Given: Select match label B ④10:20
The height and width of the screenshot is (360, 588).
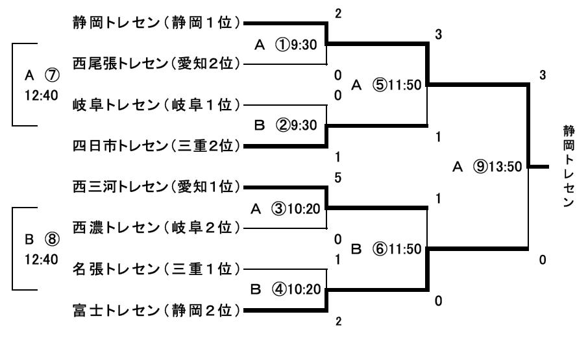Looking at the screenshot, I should coord(286,289).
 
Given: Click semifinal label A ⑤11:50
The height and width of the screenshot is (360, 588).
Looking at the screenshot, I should coord(386,85).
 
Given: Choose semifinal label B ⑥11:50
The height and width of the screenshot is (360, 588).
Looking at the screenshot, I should coord(386,248).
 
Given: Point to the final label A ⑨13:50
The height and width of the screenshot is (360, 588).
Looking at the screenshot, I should coord(487,167).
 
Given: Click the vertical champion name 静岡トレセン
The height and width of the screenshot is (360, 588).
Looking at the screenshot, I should coord(569,167).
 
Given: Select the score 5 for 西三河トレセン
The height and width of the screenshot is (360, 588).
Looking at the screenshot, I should coord(337,177).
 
